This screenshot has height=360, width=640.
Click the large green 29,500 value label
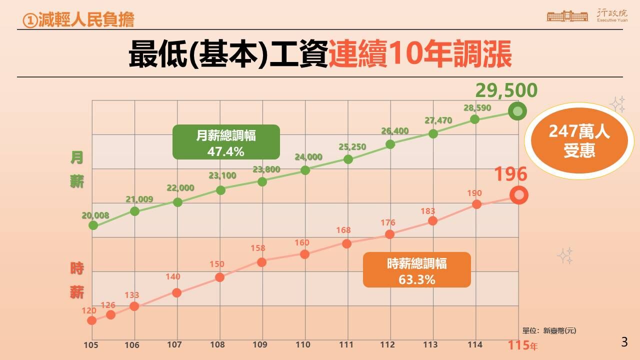[506, 91]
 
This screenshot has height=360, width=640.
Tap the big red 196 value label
[510, 174]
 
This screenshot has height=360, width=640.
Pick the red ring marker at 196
[519, 195]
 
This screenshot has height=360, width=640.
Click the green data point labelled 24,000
[305, 170]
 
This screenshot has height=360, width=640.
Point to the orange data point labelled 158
[261, 262]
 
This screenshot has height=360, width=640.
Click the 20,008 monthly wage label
[95, 216]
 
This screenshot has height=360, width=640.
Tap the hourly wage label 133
[131, 295]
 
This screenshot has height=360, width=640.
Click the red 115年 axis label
[523, 345]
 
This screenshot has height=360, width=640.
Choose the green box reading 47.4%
[225, 142]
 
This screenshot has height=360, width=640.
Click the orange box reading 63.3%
[416, 270]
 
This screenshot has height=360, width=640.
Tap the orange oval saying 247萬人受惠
[579, 141]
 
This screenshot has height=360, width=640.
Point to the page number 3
[624, 342]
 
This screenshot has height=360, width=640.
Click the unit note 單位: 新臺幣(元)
[549, 330]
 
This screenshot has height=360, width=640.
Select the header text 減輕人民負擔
[79, 20]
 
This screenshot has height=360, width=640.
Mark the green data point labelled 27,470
[433, 133]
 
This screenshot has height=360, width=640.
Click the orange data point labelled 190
[476, 204]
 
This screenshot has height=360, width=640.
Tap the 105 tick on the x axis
[91, 344]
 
